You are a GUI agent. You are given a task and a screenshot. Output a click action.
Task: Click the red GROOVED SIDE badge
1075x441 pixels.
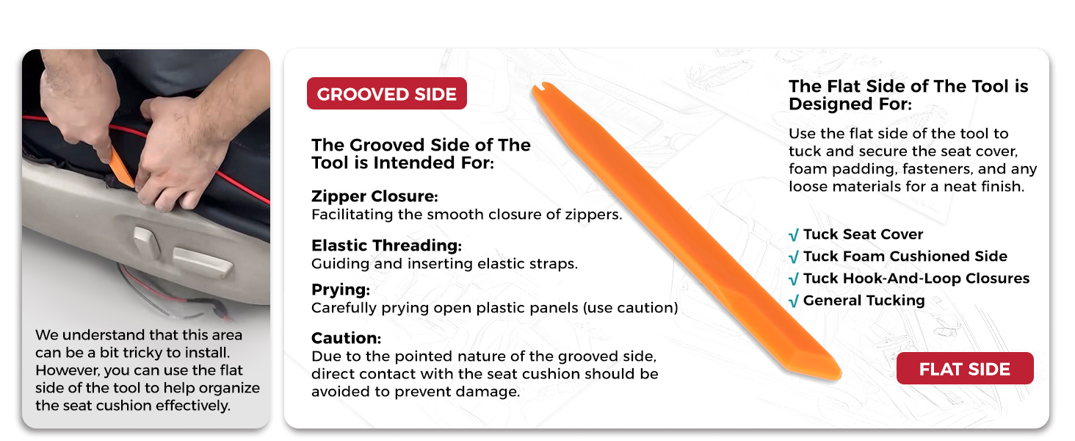point(387,93)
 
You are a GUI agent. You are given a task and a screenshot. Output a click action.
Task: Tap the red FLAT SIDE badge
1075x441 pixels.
point(965,368)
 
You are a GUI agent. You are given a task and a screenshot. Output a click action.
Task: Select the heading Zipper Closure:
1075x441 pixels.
point(374,196)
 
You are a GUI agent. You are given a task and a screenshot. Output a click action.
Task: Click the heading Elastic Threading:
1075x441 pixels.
point(386,245)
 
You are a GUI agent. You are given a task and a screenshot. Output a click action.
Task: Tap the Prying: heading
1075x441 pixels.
point(341,290)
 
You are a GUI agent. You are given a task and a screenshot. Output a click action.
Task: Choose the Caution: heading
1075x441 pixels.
point(346,338)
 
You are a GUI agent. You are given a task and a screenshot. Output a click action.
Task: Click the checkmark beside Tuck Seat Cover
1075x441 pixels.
point(794,235)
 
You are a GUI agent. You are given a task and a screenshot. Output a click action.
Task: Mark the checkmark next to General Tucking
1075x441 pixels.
point(794,301)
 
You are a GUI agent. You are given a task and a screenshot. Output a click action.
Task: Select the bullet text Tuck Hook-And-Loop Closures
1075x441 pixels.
point(916,278)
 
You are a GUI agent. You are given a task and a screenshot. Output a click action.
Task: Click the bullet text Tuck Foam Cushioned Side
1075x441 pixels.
point(905,256)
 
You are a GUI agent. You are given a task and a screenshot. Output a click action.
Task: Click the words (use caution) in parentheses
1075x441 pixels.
point(631,308)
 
